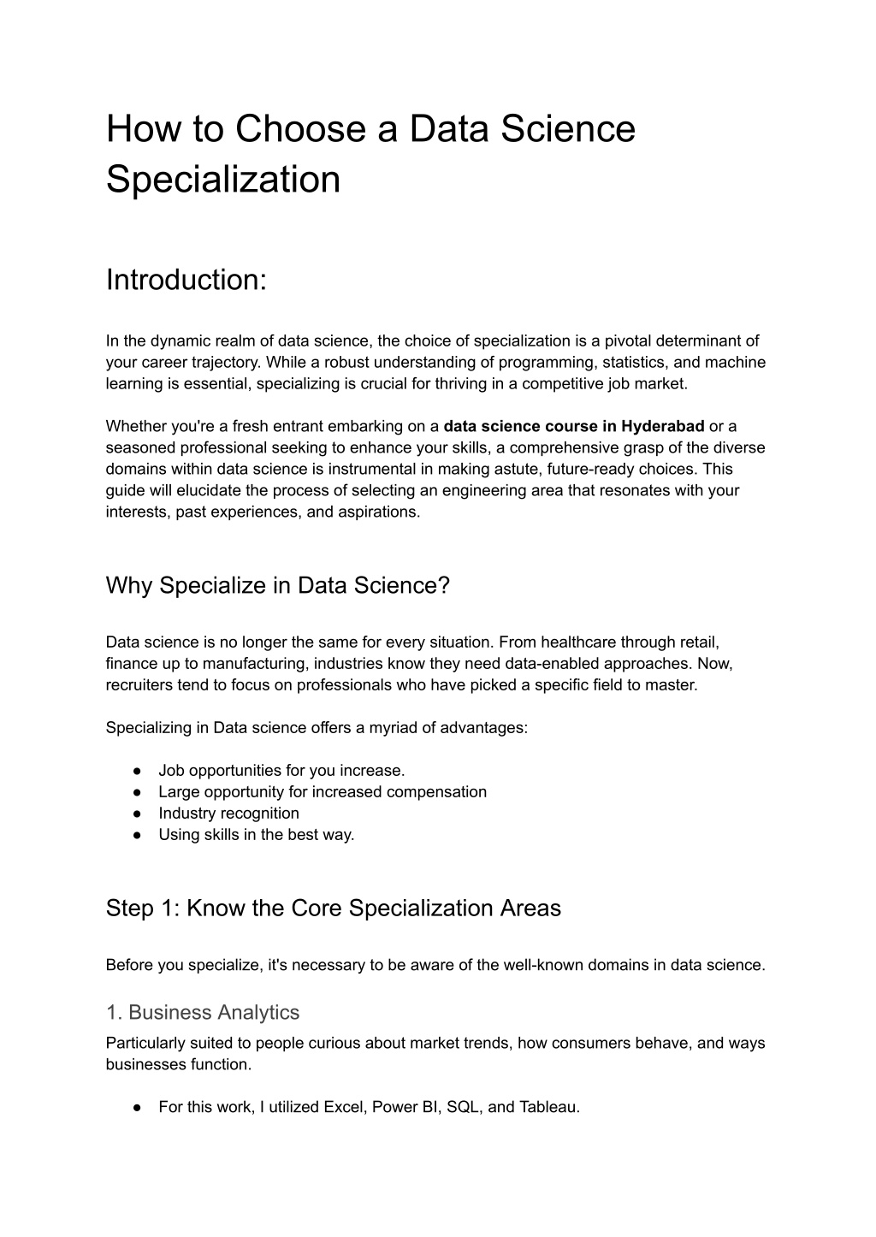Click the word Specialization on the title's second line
pyautogui.click(x=223, y=180)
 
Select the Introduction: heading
pyautogui.click(x=186, y=280)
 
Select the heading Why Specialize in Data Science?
pyautogui.click(x=277, y=586)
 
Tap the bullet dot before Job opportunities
pyautogui.click(x=137, y=771)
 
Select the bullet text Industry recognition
pyautogui.click(x=228, y=813)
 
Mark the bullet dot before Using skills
pyautogui.click(x=137, y=835)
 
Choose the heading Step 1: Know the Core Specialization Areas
pyautogui.click(x=333, y=908)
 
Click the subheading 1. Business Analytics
pyautogui.click(x=202, y=1012)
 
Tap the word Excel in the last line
pyautogui.click(x=343, y=1106)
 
